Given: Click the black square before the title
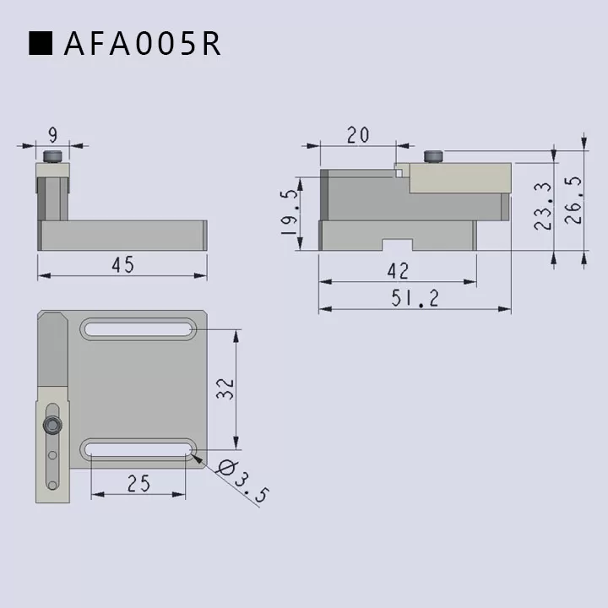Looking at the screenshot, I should coord(41,44).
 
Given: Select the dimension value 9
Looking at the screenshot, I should coord(53,133).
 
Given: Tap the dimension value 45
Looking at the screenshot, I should coord(122,264).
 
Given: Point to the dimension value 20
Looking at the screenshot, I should coord(357,135).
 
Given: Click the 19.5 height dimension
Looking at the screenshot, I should coord(289,211).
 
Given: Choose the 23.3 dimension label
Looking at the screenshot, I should coord(543,206).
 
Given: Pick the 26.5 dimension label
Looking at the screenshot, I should coord(573,200).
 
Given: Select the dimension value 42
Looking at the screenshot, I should coord(397,270).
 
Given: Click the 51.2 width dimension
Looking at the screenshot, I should coord(414,298).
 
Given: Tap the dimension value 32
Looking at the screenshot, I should coord(225,388).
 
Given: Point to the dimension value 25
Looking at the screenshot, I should coord(138,483).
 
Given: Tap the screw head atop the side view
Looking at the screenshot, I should coord(434,157).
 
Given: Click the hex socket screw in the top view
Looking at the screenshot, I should coord(53,425).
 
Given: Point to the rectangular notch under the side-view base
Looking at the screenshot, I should coord(397,245).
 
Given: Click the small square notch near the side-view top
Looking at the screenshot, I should coord(399,173).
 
